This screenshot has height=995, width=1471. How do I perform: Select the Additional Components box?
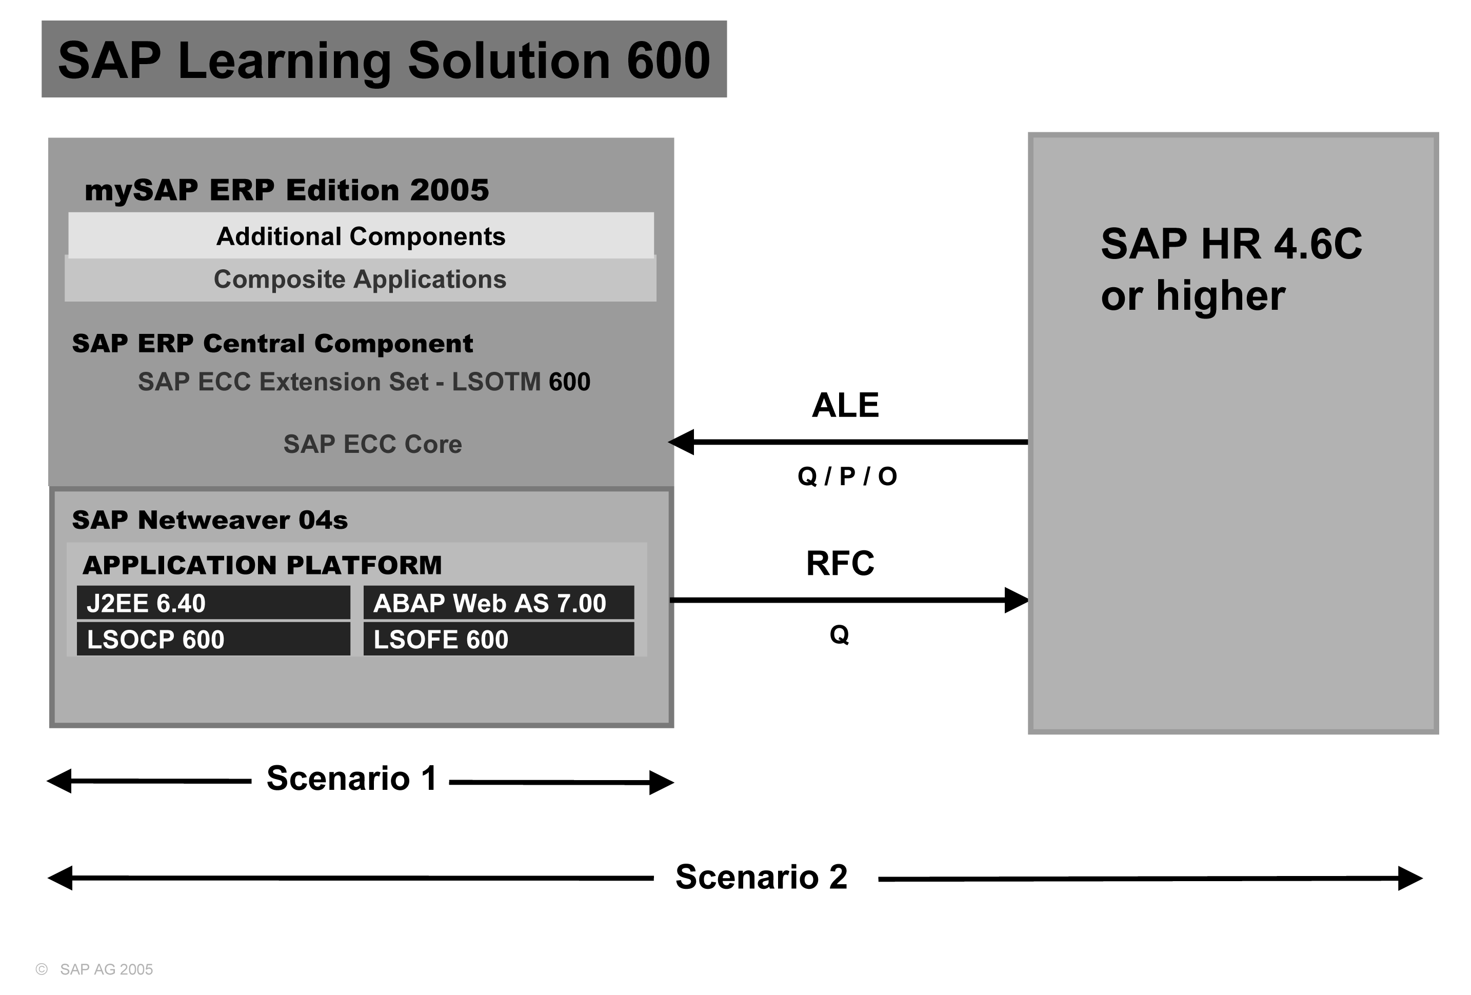coord(361,236)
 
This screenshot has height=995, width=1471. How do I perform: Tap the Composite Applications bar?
coord(360,279)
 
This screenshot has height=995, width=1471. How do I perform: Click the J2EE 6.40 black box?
coord(213,603)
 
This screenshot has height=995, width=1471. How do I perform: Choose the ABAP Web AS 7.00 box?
coord(498,603)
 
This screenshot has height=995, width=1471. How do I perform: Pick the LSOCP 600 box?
coord(213,639)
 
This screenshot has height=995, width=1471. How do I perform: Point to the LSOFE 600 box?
coord(498,639)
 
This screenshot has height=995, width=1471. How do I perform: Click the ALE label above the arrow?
coord(845,405)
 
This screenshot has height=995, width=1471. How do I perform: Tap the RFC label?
coord(840,563)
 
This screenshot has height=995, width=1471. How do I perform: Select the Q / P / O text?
coord(847,476)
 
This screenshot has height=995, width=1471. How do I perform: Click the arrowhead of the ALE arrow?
coord(681,442)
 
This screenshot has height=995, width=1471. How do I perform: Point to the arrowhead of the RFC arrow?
coord(1017,600)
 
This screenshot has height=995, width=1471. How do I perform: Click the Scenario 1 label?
coord(351,779)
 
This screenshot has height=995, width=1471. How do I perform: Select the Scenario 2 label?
coord(762,877)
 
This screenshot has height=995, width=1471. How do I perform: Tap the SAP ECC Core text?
coord(372,444)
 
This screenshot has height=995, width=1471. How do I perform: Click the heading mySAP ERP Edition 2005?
coord(287,190)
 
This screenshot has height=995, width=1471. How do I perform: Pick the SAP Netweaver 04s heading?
coord(209,520)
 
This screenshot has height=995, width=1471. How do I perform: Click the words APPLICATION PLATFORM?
coord(262,565)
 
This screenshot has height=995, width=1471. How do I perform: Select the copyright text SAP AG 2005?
coord(106,970)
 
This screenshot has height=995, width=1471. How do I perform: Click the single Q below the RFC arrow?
coord(839,634)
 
